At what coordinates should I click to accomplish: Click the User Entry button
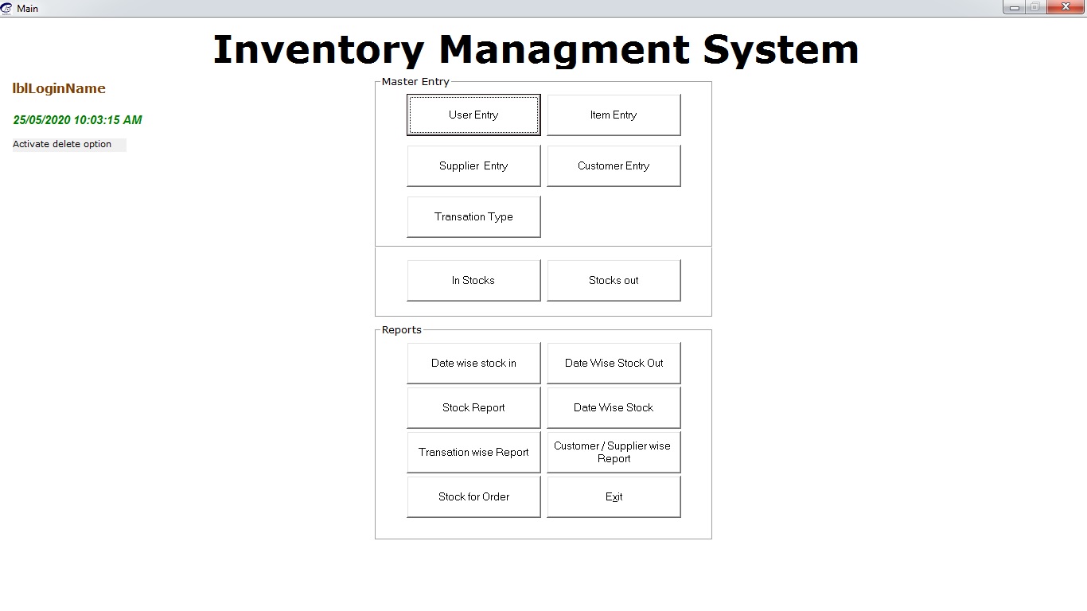473,115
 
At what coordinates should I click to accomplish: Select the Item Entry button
614,115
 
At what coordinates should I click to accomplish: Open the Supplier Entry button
473,166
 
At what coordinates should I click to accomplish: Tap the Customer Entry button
614,166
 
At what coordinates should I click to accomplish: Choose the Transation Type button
473,217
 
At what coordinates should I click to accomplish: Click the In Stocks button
473,281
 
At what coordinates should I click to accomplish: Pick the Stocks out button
614,281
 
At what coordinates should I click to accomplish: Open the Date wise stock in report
473,363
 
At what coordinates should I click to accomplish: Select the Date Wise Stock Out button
614,363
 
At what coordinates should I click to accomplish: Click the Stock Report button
473,407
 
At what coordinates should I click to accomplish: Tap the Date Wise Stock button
614,407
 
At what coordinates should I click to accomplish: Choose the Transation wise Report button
473,453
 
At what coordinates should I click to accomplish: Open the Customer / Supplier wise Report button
614,453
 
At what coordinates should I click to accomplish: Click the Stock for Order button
473,497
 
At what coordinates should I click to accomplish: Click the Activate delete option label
62,144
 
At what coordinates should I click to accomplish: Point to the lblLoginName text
59,88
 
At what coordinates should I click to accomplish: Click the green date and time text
78,120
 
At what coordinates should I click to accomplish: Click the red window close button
1066,7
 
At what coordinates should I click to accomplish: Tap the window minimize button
1015,7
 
